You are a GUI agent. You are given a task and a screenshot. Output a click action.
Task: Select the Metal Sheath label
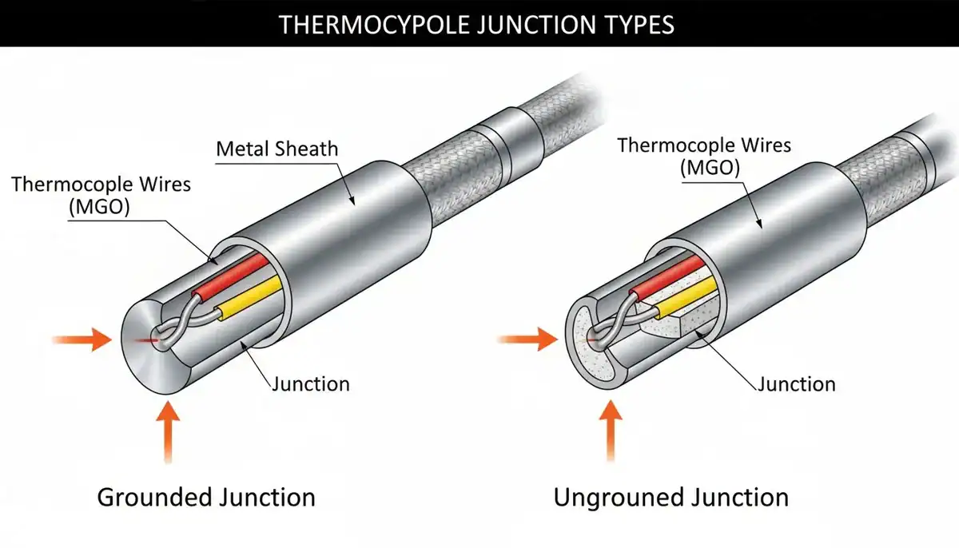click(277, 149)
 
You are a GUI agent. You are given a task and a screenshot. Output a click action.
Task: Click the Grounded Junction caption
click(206, 498)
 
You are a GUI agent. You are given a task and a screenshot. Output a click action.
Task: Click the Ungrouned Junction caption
click(671, 498)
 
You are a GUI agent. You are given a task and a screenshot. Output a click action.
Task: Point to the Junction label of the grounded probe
click(311, 383)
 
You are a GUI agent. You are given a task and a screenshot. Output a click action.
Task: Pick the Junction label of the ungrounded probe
click(797, 383)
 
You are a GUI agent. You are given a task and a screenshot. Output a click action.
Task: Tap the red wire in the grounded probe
click(230, 276)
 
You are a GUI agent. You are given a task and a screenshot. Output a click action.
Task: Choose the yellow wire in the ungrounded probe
click(687, 296)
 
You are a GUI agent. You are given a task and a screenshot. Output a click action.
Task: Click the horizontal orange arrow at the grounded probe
click(82, 340)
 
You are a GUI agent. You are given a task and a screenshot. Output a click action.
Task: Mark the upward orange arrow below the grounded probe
click(168, 432)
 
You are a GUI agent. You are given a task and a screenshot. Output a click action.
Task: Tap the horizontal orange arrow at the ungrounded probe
click(527, 340)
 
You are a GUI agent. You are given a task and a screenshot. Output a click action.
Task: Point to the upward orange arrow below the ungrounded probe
click(611, 431)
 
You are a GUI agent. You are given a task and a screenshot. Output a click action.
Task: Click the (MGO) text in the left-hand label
click(99, 207)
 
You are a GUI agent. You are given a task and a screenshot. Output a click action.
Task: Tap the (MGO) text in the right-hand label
click(710, 167)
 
